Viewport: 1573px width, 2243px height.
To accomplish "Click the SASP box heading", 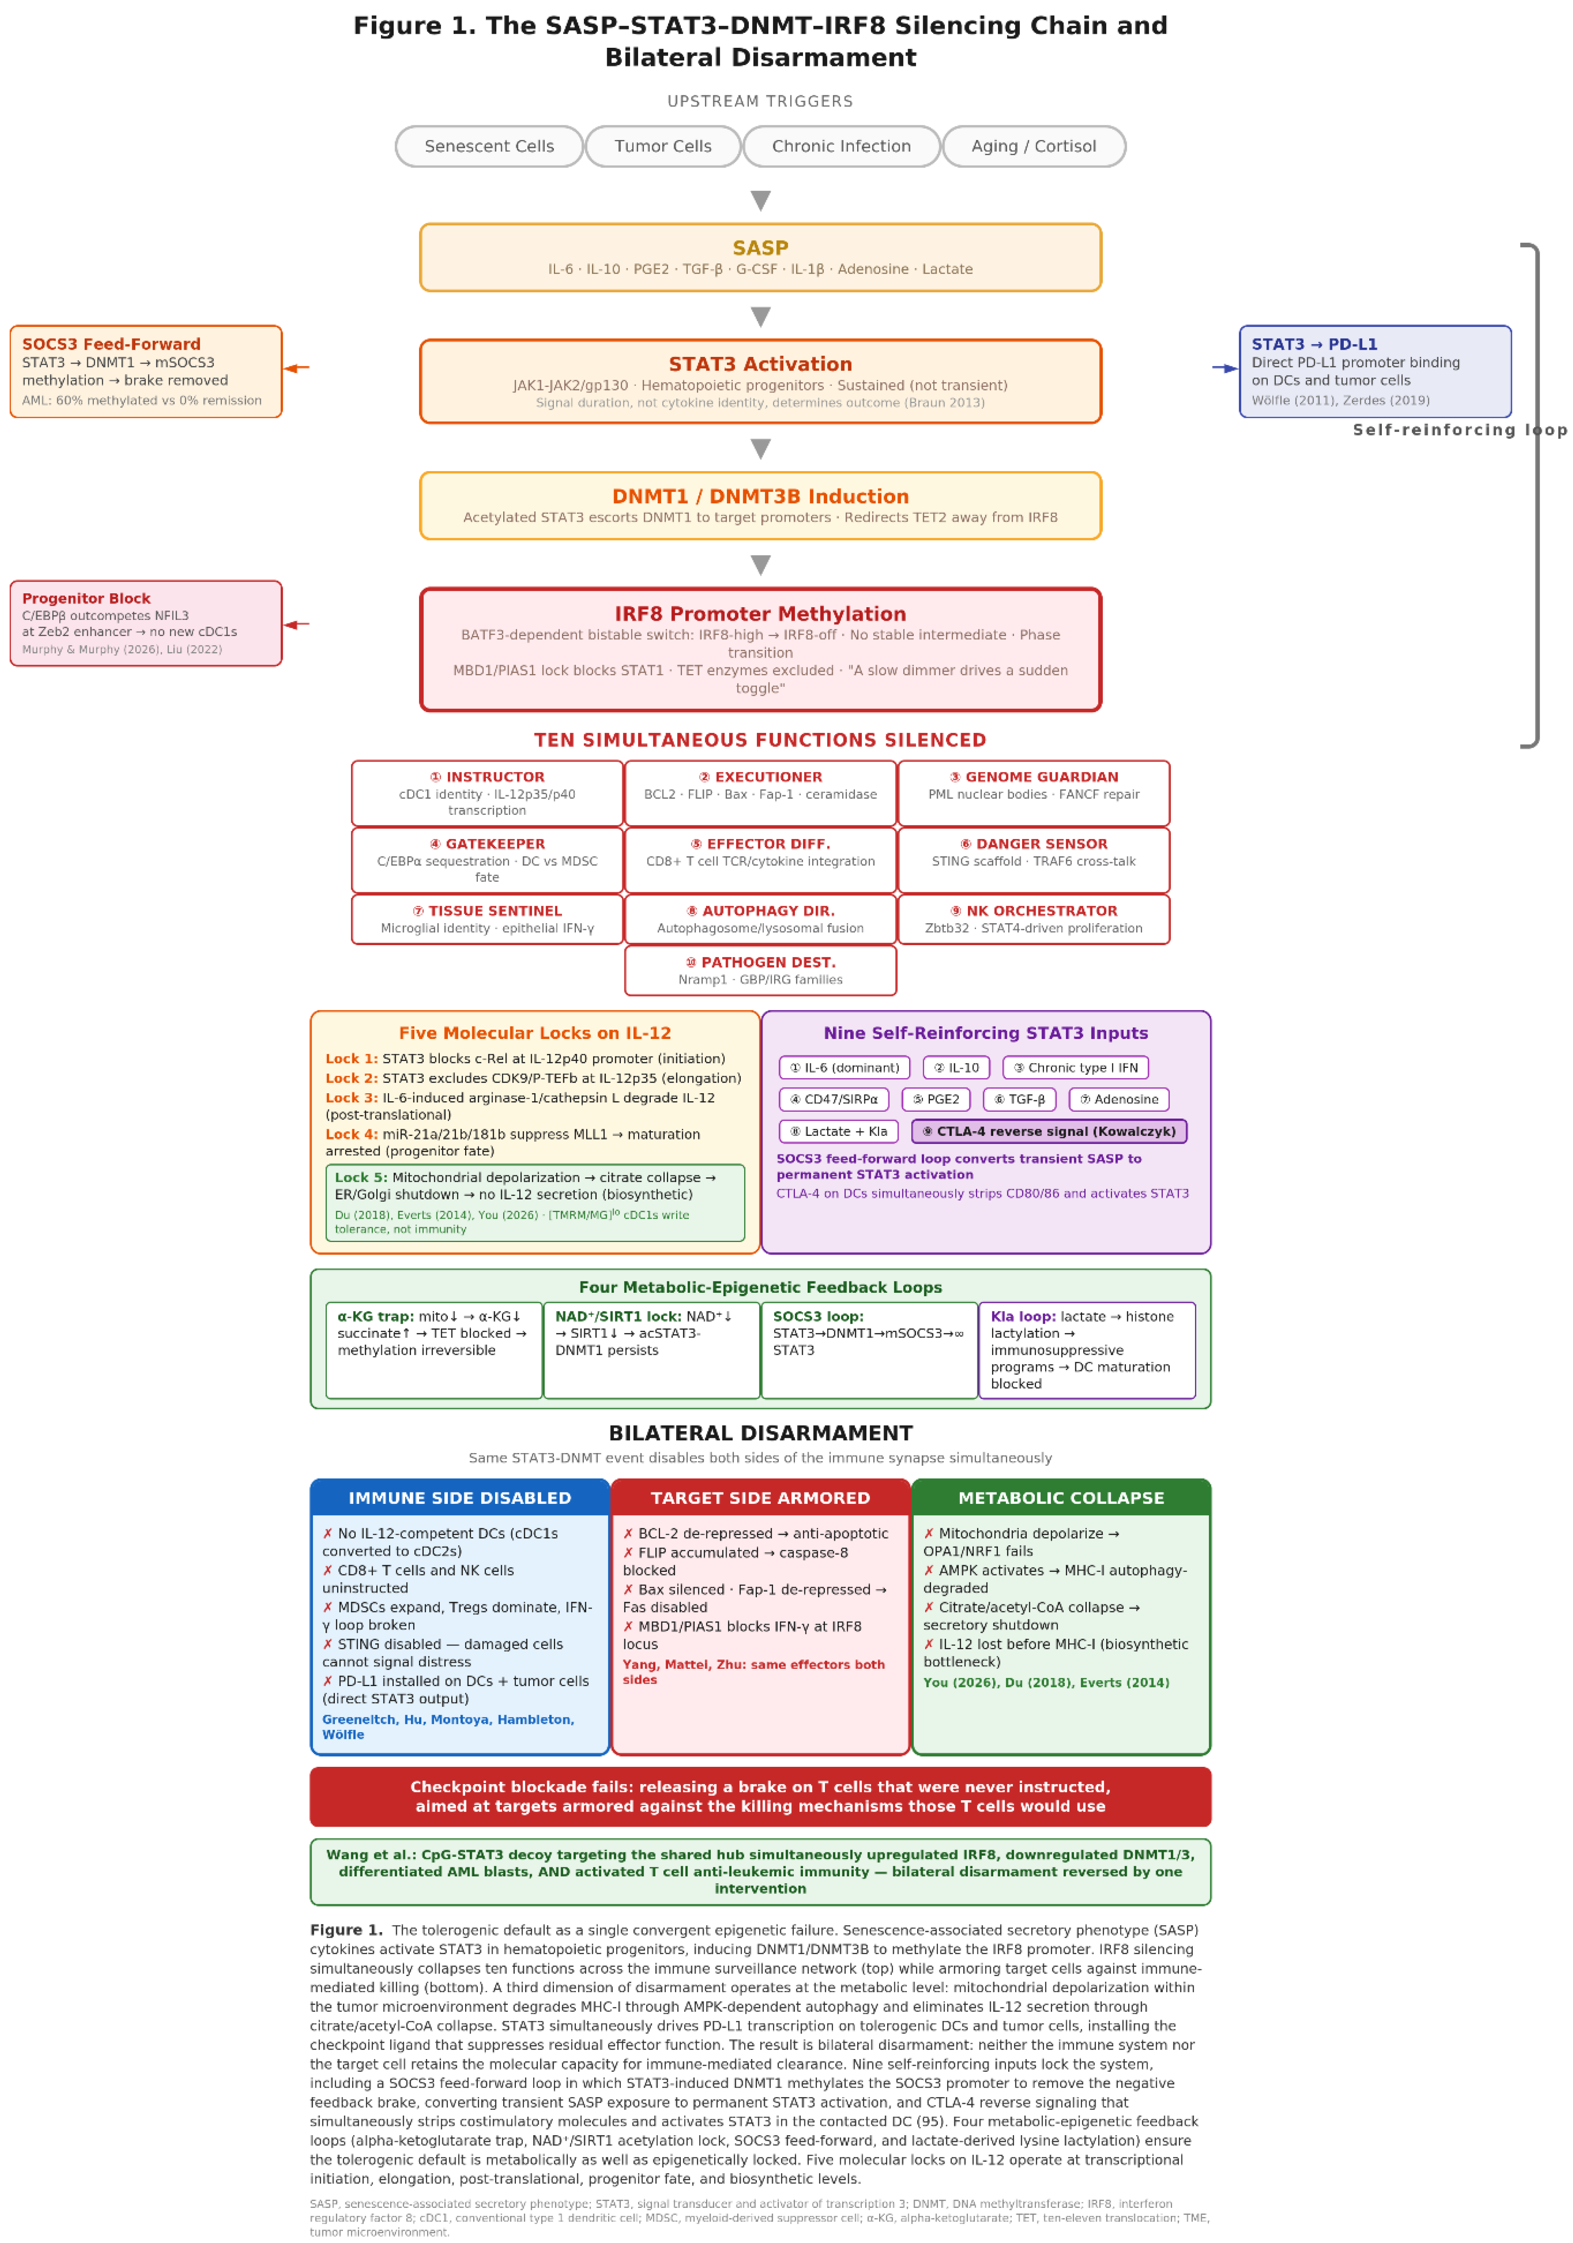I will [x=760, y=248].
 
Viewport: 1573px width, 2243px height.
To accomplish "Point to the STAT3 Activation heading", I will [x=760, y=365].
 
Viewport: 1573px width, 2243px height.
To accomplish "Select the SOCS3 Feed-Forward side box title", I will [x=111, y=344].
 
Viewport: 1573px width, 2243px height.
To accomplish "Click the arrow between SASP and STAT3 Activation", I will [x=760, y=316].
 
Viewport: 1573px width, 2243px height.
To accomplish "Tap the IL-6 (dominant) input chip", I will [x=844, y=1068].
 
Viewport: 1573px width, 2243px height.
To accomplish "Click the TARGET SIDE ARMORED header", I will [x=760, y=1497].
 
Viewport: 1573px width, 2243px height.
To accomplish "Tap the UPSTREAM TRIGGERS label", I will [x=760, y=101].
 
